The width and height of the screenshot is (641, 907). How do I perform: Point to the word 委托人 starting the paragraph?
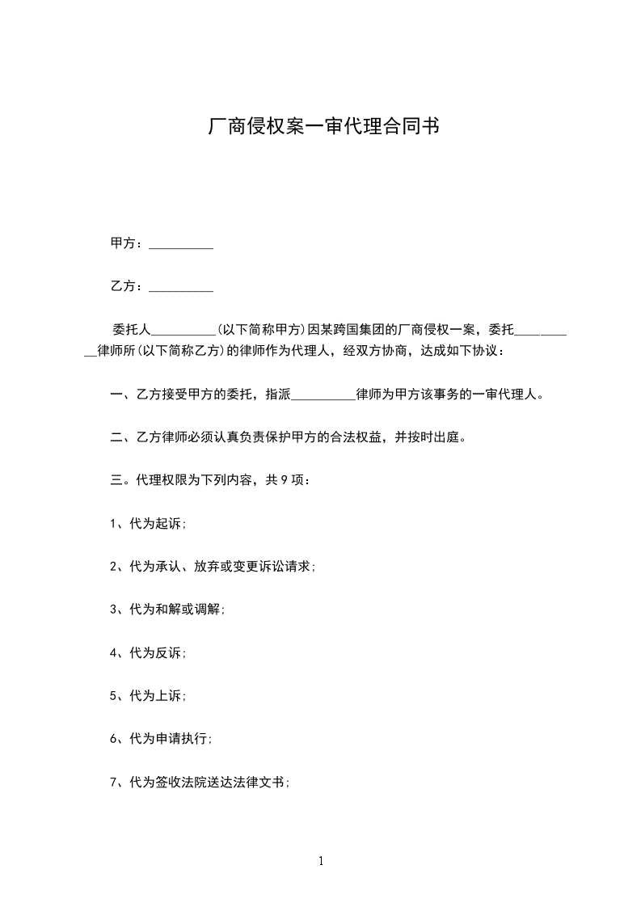131,330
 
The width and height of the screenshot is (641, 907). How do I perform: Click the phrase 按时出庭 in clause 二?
433,438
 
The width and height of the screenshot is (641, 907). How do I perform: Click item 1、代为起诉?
149,524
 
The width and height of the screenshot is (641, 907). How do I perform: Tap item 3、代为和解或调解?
168,610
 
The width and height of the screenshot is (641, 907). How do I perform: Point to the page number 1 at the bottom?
321,862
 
